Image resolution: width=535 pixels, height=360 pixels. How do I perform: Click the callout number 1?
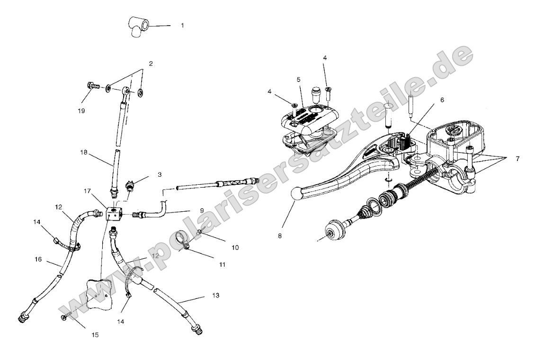182,25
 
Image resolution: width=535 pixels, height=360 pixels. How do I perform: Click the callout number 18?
83,153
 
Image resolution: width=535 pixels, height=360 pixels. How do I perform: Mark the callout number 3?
160,174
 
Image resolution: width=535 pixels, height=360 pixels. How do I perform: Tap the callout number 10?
222,247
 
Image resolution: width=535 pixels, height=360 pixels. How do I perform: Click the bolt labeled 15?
67,318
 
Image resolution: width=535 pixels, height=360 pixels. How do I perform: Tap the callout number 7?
517,159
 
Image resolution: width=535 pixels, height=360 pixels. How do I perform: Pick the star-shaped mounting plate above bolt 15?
100,294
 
